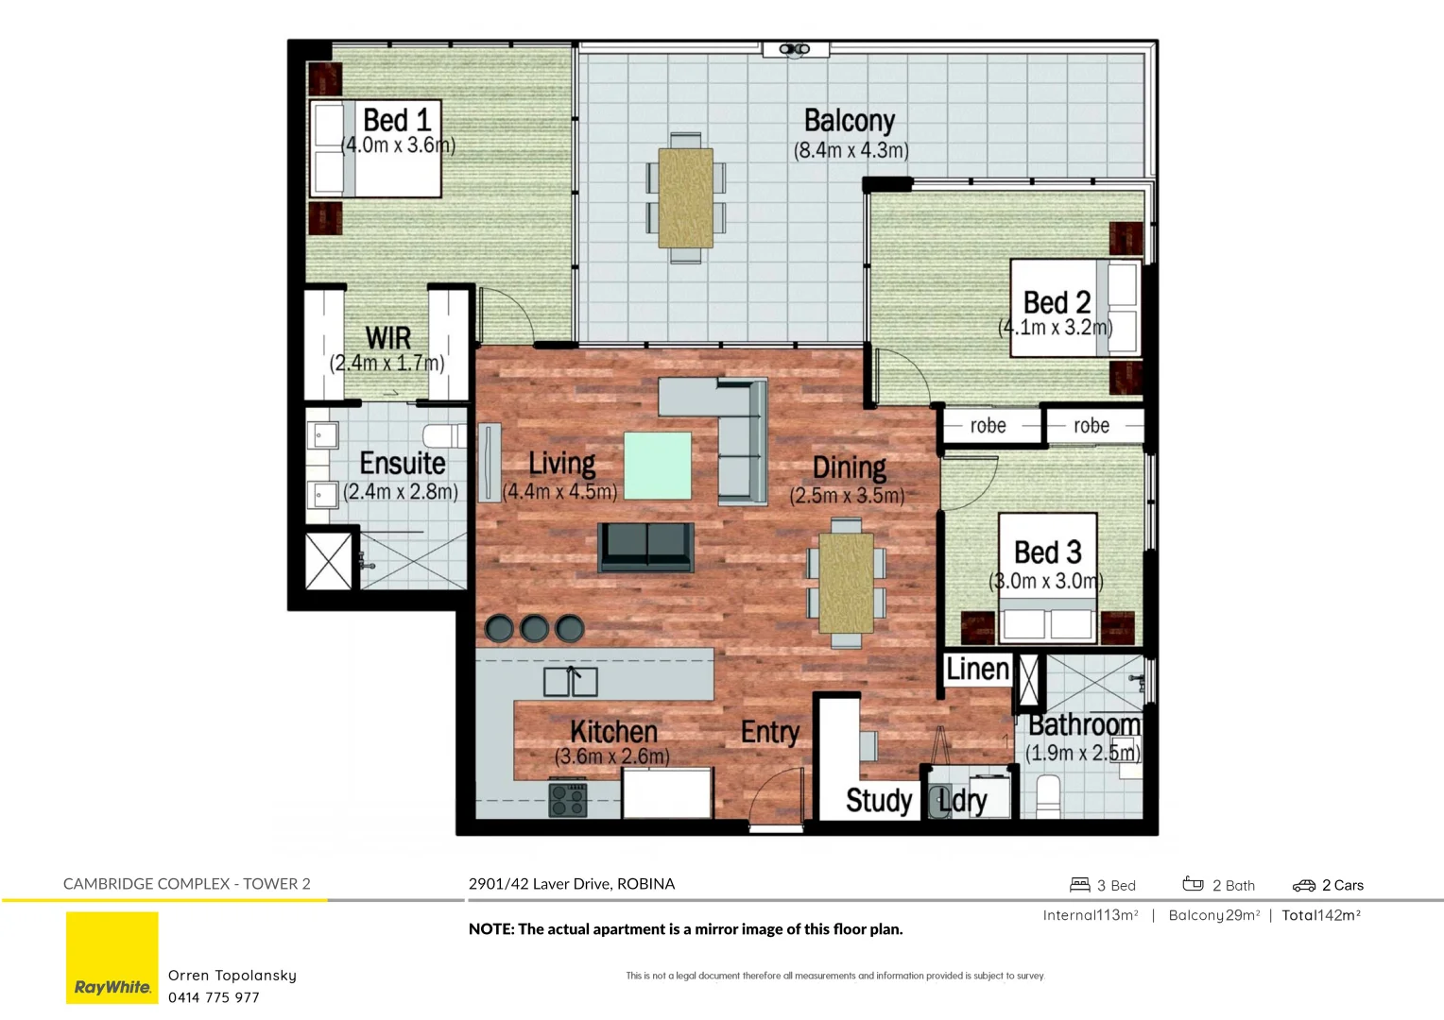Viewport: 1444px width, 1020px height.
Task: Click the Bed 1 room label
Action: pyautogui.click(x=397, y=120)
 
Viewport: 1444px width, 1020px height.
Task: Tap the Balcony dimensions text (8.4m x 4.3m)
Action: pyautogui.click(x=851, y=150)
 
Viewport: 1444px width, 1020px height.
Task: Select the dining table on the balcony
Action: pyautogui.click(x=686, y=197)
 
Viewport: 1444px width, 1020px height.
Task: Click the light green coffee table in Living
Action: pyautogui.click(x=658, y=465)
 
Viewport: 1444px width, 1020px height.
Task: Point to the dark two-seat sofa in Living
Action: pyautogui.click(x=646, y=547)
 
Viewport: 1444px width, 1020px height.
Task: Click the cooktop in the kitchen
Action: pyautogui.click(x=568, y=800)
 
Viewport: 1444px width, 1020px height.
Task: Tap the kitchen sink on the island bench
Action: pyautogui.click(x=570, y=681)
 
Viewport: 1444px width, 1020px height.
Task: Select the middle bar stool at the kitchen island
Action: pyautogui.click(x=534, y=628)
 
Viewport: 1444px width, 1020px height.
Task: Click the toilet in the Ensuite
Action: pyautogui.click(x=444, y=435)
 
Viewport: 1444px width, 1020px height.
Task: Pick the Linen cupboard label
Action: pyautogui.click(x=978, y=669)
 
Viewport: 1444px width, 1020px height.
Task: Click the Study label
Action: pyautogui.click(x=879, y=800)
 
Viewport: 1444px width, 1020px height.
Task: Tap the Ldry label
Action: pyautogui.click(x=963, y=801)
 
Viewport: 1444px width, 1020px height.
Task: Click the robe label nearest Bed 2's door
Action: pyautogui.click(x=988, y=426)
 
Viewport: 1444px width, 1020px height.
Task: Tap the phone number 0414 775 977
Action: pyautogui.click(x=214, y=997)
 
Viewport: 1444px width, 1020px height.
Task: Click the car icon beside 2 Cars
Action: pyautogui.click(x=1304, y=885)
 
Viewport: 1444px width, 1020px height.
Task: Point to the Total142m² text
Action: pyautogui.click(x=1321, y=915)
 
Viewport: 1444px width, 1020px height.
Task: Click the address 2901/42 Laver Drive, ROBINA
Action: pyautogui.click(x=572, y=884)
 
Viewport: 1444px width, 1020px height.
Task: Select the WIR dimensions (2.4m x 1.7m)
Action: pyautogui.click(x=387, y=363)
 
